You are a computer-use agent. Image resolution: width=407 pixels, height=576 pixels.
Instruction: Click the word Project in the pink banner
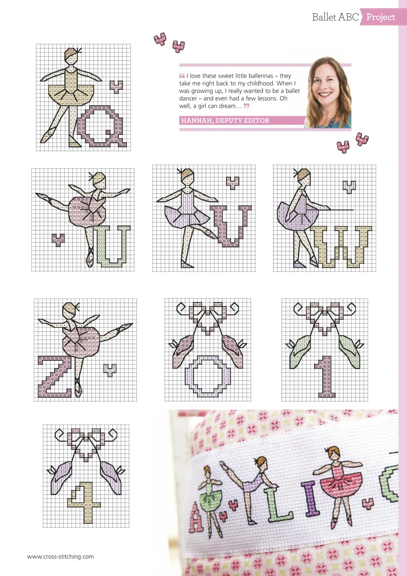(381, 17)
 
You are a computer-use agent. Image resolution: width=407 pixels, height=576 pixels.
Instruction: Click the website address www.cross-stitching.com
(61, 557)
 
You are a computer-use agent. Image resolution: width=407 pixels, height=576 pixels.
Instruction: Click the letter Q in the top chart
(102, 126)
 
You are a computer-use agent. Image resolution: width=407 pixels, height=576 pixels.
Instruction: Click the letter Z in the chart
(55, 377)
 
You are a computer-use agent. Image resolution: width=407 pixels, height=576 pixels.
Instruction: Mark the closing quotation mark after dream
(246, 105)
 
